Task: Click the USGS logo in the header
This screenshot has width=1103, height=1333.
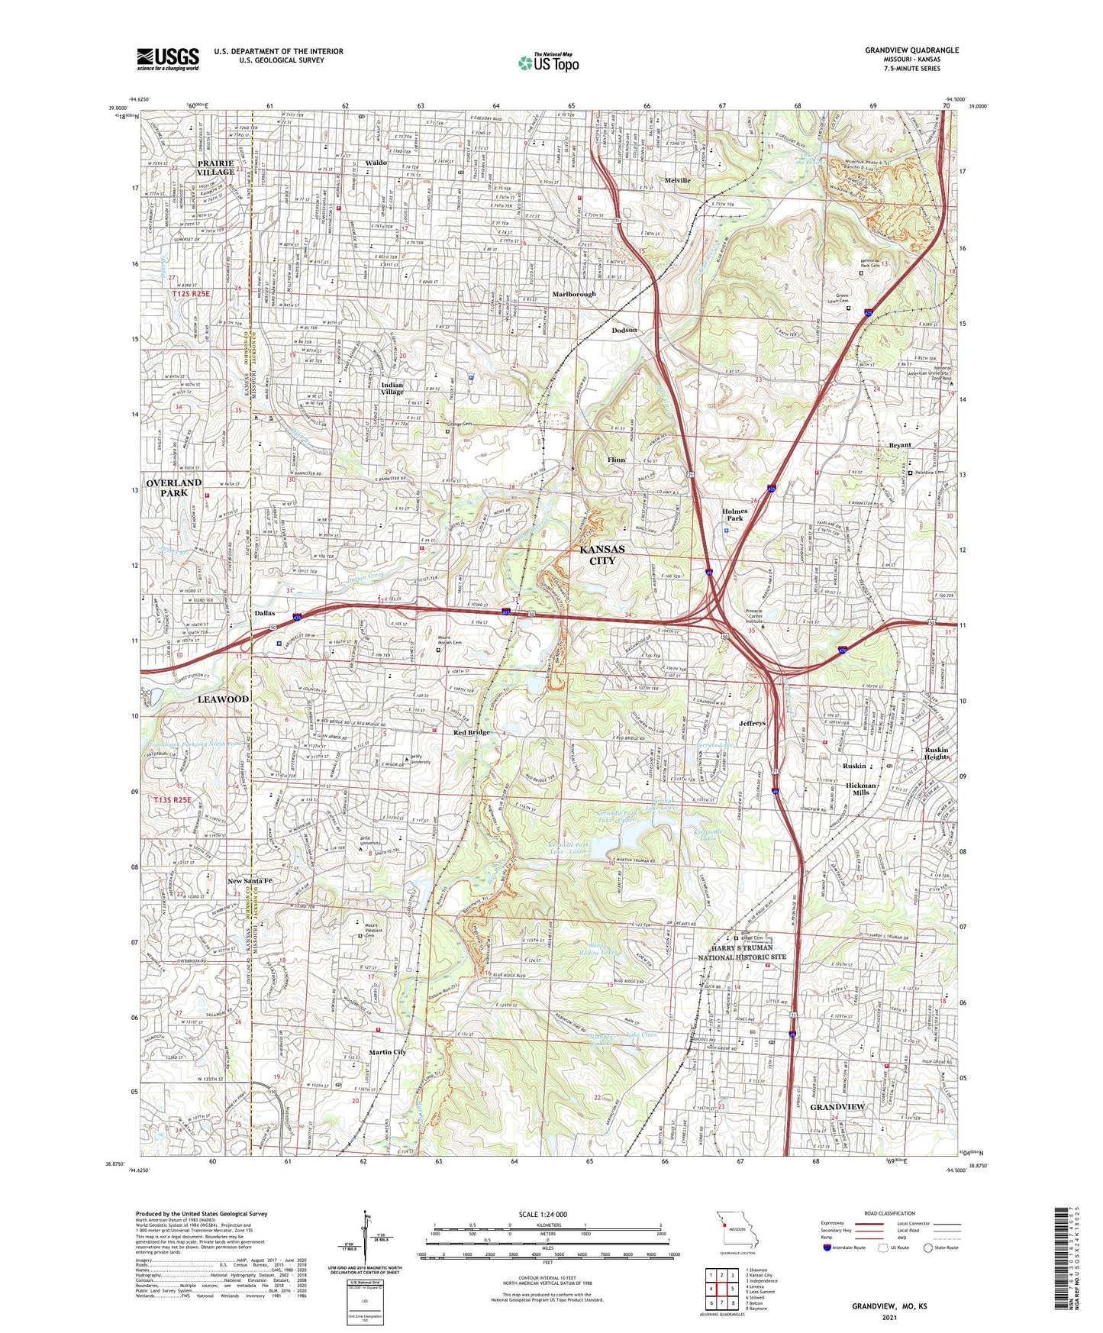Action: tap(168, 58)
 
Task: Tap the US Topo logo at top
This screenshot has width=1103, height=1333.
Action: tap(548, 63)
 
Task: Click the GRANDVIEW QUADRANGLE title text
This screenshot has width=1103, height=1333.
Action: tap(911, 50)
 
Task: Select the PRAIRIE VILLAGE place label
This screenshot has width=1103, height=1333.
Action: tap(205, 167)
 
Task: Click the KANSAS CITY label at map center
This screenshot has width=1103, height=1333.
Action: tap(601, 555)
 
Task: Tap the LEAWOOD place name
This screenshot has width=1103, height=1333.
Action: tap(223, 699)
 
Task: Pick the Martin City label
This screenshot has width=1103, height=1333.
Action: tap(387, 1052)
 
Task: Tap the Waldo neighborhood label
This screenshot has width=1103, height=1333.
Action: tap(376, 163)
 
